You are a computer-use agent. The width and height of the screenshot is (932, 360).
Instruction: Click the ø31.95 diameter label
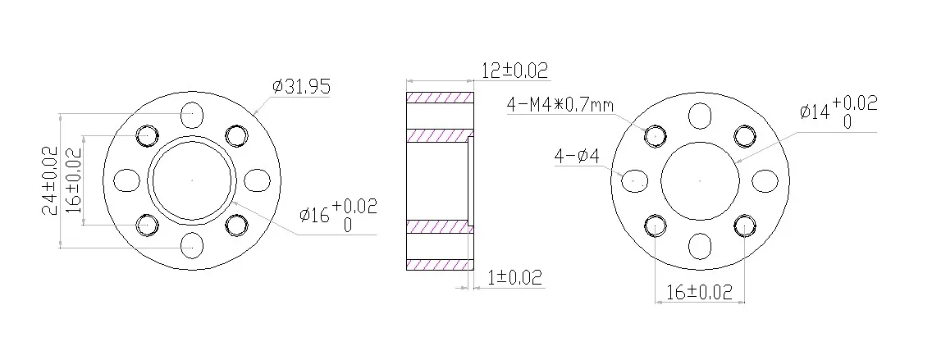(301, 87)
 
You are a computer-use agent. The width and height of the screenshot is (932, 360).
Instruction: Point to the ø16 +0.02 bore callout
(338, 215)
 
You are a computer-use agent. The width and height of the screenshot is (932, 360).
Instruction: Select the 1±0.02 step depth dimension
(515, 277)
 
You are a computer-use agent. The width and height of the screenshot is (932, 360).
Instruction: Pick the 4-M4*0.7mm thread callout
(560, 105)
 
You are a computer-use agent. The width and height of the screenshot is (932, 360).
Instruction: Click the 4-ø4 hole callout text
(577, 157)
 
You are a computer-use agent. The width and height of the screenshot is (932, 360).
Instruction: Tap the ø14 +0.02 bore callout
(838, 112)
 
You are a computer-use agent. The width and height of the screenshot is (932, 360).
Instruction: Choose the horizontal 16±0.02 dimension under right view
(699, 292)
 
